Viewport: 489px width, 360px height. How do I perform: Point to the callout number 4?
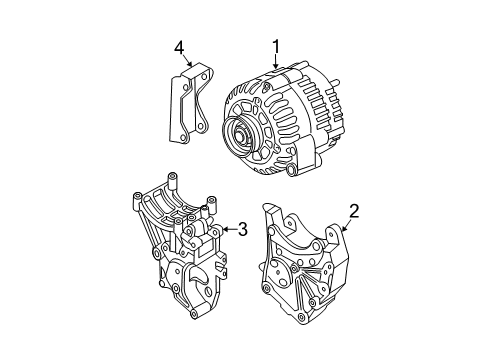click(x=179, y=46)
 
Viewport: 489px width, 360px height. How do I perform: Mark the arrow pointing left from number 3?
click(x=225, y=230)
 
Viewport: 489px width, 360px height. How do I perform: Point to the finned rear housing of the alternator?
click(x=310, y=110)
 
